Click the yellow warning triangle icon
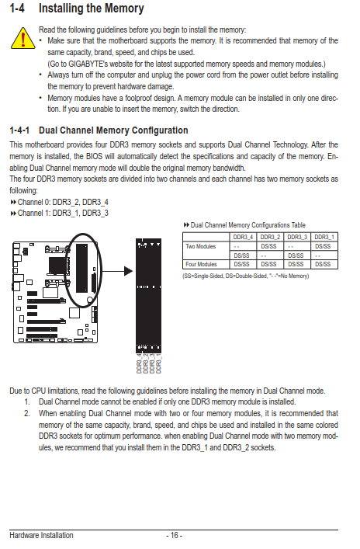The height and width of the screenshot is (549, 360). (22, 38)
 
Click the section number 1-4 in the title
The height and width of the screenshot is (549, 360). (17, 8)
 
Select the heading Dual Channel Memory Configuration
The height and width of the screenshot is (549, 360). (113, 130)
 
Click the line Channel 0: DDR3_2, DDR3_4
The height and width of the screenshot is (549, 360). (59, 202)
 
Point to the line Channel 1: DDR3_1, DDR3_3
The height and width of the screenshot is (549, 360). (59, 213)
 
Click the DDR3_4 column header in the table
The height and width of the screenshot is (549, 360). (243, 237)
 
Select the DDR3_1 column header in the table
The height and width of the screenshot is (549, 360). (324, 237)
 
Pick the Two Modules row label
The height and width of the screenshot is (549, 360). (201, 246)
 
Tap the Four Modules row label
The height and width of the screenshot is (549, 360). (201, 264)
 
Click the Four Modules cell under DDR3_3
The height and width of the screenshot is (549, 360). (296, 264)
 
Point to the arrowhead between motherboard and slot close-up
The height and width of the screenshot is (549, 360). (128, 271)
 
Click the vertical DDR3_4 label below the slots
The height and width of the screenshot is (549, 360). (139, 363)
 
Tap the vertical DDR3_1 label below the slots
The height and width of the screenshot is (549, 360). (158, 363)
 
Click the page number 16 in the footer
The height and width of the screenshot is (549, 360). (175, 535)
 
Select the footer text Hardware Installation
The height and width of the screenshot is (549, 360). (41, 535)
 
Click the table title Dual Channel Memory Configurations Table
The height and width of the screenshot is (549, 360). (244, 225)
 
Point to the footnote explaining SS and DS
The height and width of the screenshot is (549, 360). (246, 276)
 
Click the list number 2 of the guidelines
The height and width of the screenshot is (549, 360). (27, 414)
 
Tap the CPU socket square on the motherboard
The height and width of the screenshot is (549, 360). (57, 266)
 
